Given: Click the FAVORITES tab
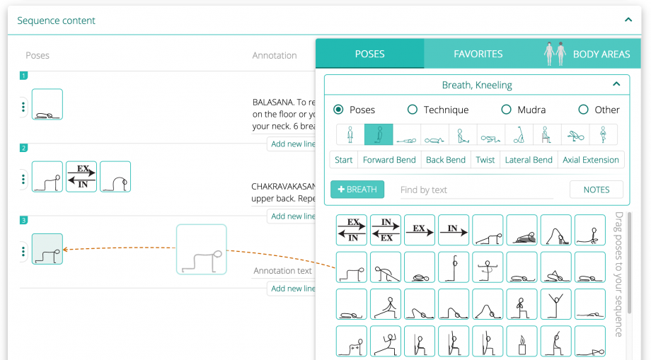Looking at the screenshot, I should [x=478, y=54].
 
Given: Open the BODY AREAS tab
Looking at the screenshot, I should [x=601, y=54].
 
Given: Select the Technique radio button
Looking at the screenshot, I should [x=413, y=110].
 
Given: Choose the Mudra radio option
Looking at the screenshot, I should [x=506, y=110].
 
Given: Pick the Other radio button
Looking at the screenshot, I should [x=583, y=110].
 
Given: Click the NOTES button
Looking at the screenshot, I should [x=596, y=190].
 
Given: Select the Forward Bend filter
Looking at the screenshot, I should [x=389, y=160].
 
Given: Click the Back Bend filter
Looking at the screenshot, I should [x=446, y=160].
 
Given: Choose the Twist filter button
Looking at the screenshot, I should [x=485, y=160].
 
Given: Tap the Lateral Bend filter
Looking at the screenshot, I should [x=529, y=160].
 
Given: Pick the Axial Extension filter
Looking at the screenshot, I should [x=591, y=160].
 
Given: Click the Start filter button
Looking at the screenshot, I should [x=344, y=160].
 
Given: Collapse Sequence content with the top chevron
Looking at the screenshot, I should [x=628, y=21].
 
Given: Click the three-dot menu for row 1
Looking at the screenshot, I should [x=23, y=107].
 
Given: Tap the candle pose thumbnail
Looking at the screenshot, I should [x=522, y=341].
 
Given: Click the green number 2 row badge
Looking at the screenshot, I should [x=23, y=148].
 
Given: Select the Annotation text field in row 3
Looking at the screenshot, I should [x=283, y=271].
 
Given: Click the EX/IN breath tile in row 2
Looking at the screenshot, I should [x=81, y=177].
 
